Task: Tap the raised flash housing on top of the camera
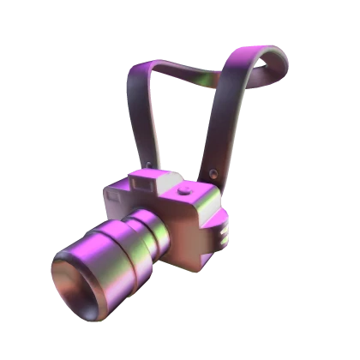(147, 179)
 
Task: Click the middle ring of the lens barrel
(135, 243)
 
